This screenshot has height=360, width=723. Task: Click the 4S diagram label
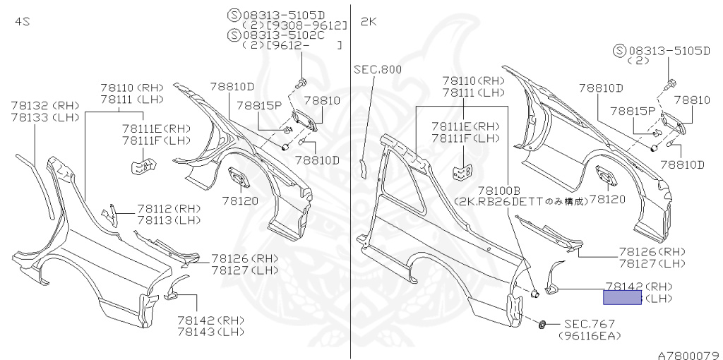22,22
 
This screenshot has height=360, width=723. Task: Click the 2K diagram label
369,22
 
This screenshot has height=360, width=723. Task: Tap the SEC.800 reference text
378,69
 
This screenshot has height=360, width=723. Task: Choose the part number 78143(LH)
209,331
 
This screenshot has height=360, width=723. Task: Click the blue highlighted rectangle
621,298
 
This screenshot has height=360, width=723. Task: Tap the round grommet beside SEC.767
542,324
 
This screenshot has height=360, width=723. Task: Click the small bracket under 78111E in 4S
143,167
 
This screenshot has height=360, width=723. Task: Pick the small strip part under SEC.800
363,167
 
